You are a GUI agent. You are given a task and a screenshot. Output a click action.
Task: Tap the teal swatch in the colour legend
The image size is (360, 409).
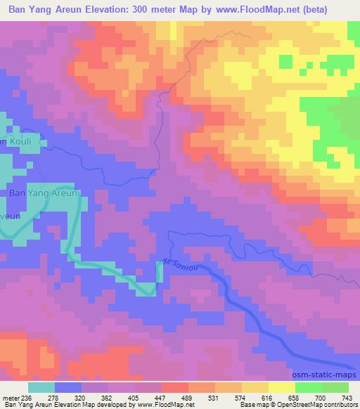tap(41, 388)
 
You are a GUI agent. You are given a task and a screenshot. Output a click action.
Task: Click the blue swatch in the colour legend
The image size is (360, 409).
tap(67, 388)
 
